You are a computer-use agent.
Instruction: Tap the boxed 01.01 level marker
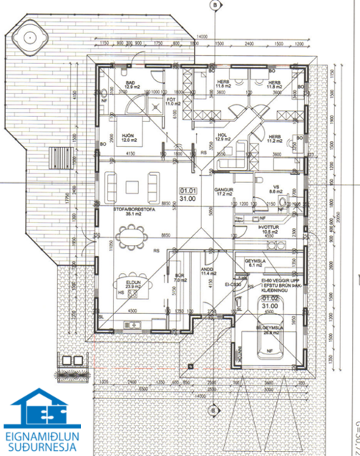pos(187,193)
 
